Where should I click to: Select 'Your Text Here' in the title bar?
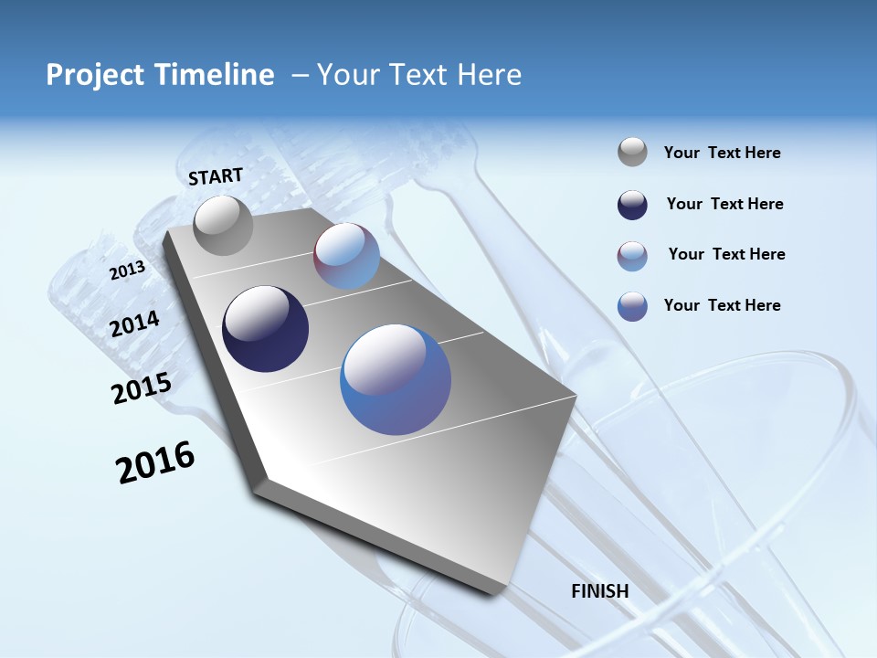(418, 75)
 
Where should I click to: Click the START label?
(216, 176)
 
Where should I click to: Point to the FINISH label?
(600, 591)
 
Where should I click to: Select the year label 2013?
(127, 271)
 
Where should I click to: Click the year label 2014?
(134, 324)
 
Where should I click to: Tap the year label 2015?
(141, 388)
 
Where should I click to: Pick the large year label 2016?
(155, 462)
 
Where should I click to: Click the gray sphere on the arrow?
(223, 225)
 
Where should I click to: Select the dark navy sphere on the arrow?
(265, 329)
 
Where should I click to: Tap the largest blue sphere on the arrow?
(396, 378)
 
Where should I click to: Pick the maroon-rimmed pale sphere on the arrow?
(346, 256)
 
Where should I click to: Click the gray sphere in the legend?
(632, 153)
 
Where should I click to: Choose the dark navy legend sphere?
(632, 205)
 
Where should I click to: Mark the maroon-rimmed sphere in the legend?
(632, 256)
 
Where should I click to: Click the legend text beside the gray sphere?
(722, 154)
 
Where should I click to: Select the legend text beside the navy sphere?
(724, 205)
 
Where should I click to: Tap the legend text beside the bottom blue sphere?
(722, 305)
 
